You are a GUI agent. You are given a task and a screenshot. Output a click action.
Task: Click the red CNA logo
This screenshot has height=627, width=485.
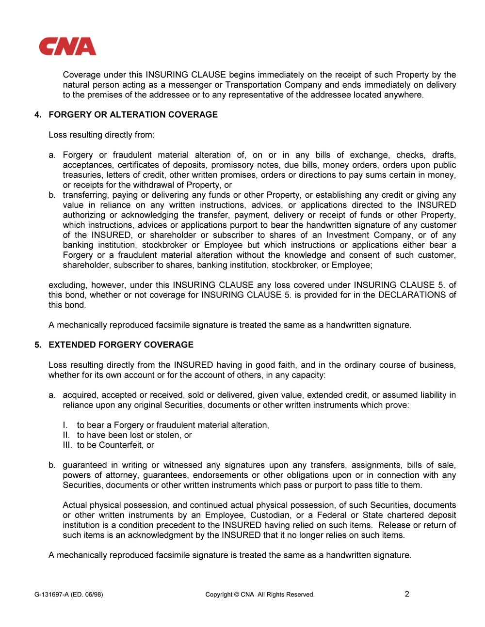coord(67,47)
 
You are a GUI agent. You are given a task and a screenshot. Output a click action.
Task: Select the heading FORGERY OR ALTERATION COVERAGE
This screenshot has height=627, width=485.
coord(133,115)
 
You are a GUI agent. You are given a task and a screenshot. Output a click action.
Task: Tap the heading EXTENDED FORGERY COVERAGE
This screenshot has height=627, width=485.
coord(121,345)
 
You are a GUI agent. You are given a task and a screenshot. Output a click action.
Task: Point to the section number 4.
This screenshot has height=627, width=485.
coord(38,115)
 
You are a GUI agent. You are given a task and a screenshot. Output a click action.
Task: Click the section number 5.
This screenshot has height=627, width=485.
coord(38,345)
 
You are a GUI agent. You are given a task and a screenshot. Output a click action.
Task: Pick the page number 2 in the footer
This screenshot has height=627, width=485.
coord(407,594)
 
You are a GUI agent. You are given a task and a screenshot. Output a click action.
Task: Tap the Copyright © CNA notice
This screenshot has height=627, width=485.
coord(259,595)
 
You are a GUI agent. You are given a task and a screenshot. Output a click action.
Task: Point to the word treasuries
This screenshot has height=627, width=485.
coord(82,175)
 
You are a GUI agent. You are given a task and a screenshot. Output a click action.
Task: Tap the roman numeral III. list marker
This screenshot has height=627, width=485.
coord(67,445)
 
